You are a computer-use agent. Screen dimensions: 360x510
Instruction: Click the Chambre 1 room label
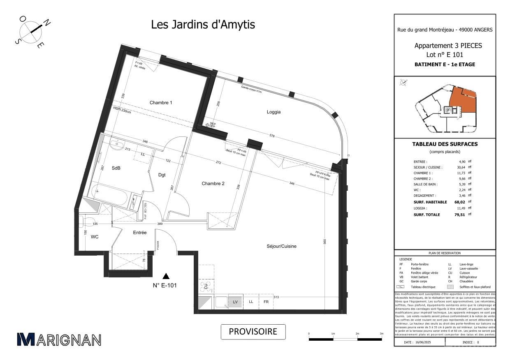[161, 103]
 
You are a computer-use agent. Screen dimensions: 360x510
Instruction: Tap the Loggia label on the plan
[274, 112]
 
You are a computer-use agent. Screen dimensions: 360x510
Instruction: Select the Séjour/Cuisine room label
[281, 246]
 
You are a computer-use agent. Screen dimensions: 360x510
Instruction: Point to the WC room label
[95, 237]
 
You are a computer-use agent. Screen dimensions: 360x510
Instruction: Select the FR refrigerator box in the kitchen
[266, 302]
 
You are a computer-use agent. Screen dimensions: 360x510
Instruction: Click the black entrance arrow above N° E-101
[166, 276]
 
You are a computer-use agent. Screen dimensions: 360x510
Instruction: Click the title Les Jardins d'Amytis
[203, 25]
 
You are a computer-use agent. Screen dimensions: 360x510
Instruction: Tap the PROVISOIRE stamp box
[253, 332]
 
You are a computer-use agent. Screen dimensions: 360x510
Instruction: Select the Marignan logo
[59, 339]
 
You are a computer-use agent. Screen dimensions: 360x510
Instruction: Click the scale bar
[345, 339]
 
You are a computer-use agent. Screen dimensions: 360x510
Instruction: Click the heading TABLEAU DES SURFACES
[445, 144]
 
